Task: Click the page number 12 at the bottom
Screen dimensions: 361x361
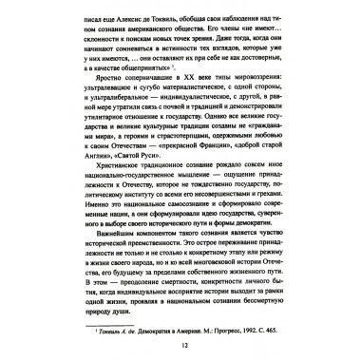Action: pyautogui.click(x=180, y=345)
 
